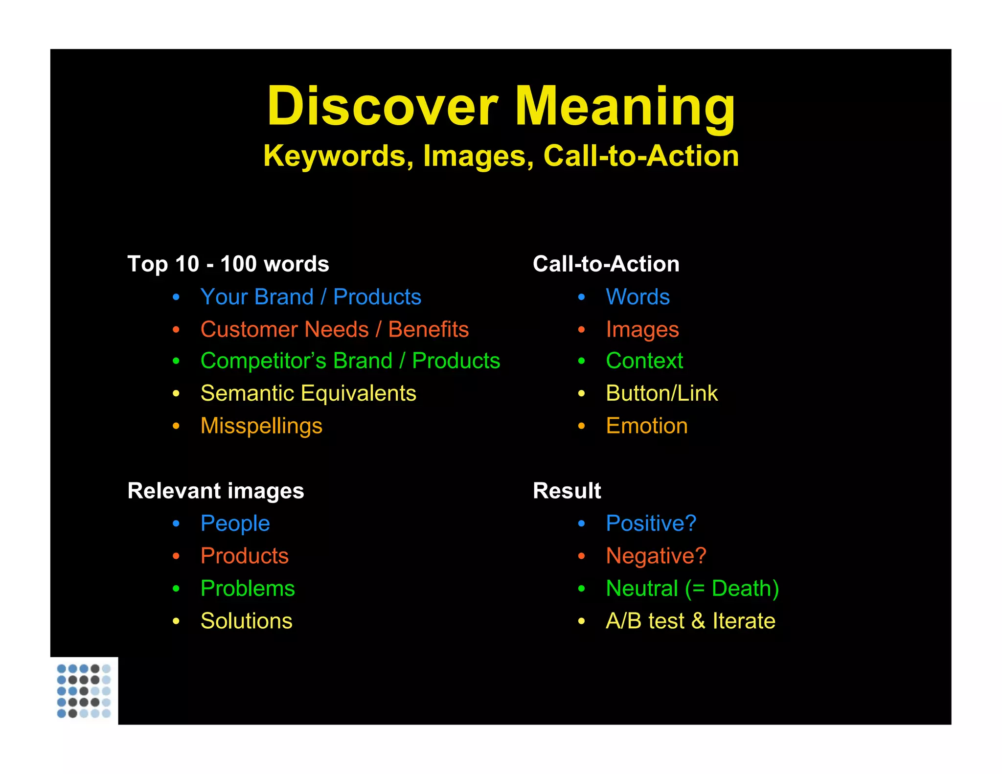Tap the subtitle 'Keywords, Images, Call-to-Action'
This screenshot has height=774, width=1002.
click(501, 156)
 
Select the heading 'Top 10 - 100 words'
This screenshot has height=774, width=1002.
click(228, 264)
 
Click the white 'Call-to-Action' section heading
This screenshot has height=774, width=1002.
click(606, 264)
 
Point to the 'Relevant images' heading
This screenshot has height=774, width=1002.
click(215, 491)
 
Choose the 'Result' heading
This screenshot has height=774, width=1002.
click(567, 491)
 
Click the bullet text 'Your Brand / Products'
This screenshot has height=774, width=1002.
click(311, 297)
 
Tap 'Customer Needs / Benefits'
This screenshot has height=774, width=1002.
click(335, 329)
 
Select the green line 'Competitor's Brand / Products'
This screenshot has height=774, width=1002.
click(350, 361)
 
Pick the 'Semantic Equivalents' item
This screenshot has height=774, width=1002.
click(308, 393)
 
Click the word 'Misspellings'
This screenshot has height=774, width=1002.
click(261, 426)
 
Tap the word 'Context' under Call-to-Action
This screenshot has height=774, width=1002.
click(644, 361)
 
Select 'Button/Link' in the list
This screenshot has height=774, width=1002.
click(661, 393)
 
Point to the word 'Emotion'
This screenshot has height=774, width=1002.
click(646, 426)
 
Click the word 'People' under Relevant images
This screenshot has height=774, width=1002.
click(235, 524)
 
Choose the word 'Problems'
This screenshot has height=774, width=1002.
click(248, 589)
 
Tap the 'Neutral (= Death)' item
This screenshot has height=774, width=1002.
click(692, 589)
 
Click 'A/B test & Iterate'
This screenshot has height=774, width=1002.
click(690, 621)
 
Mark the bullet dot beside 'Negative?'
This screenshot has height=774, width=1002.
click(581, 556)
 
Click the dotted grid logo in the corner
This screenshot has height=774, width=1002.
click(84, 691)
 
